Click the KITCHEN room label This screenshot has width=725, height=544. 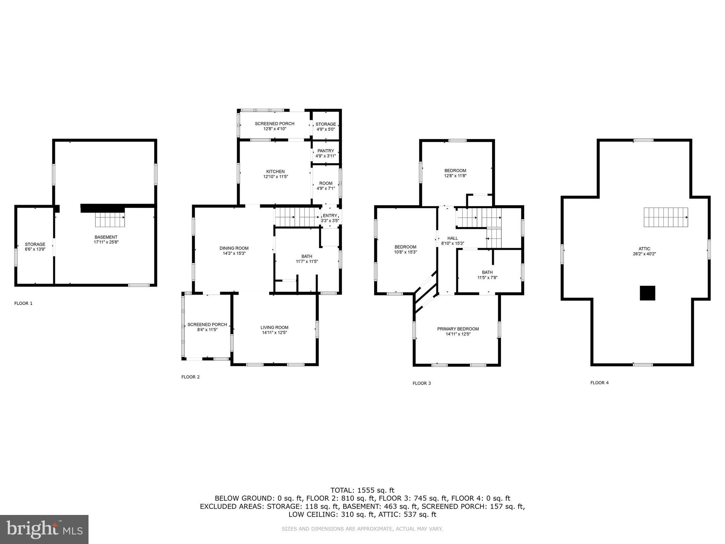coord(275,171)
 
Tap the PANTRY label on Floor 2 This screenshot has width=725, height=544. coord(326,151)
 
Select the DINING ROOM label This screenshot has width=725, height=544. coord(234,248)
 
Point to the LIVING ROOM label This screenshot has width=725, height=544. coord(274,328)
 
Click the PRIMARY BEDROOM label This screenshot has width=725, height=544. coord(458,329)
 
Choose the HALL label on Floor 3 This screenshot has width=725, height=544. coord(452,238)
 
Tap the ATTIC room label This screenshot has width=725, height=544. coord(644,249)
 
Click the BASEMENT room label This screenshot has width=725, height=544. coord(106,237)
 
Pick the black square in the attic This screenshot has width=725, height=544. coord(647,293)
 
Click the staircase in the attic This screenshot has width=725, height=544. coord(666,217)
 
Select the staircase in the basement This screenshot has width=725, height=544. coord(110,220)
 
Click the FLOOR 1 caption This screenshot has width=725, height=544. coord(23,304)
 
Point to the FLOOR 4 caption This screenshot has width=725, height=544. coord(599,383)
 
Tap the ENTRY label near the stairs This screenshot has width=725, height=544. coord(330,216)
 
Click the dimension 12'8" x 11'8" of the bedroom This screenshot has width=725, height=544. coord(455,176)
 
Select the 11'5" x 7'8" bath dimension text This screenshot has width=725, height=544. coord(487,278)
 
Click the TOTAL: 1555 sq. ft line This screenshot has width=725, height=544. coord(362,491)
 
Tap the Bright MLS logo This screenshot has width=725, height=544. coord(44,529)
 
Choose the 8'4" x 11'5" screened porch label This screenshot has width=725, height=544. coord(207,330)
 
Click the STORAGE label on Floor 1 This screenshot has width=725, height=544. coord(35,244)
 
